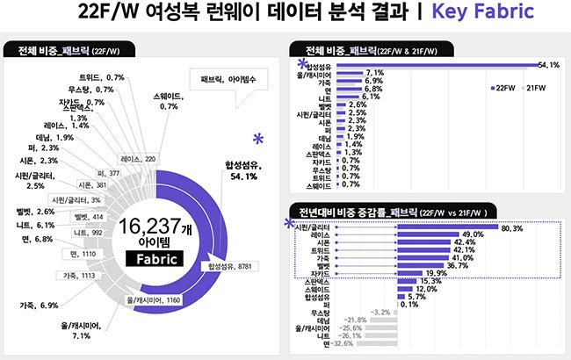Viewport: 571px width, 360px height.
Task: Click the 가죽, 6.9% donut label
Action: point(38,305)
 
